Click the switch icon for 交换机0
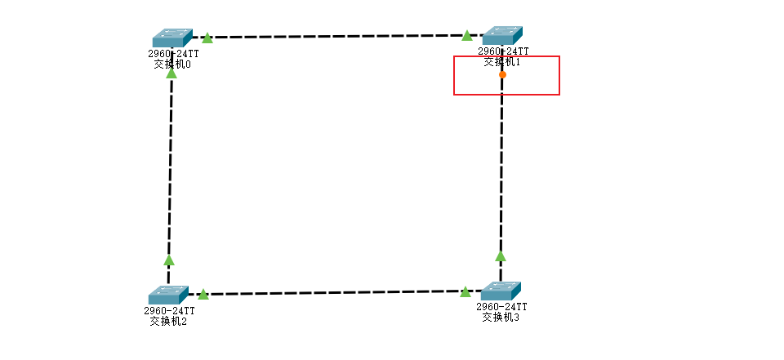tap(172, 38)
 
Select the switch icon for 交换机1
tap(502, 35)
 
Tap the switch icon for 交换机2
tap(168, 295)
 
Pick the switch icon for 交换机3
tap(501, 291)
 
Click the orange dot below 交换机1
tap(502, 74)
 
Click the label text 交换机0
tap(172, 64)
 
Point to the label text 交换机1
tap(502, 61)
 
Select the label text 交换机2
tap(168, 321)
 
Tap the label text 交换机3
tap(501, 317)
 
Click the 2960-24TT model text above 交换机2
tap(170, 310)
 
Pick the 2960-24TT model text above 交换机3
tap(501, 306)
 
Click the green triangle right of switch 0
tap(207, 38)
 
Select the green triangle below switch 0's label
tap(171, 73)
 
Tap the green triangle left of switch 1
tap(467, 35)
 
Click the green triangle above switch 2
tap(169, 260)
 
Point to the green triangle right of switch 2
tap(203, 294)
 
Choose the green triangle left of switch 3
tap(465, 291)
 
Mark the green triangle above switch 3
tap(501, 256)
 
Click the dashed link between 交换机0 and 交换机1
tap(337, 37)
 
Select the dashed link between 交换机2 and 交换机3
tap(335, 292)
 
